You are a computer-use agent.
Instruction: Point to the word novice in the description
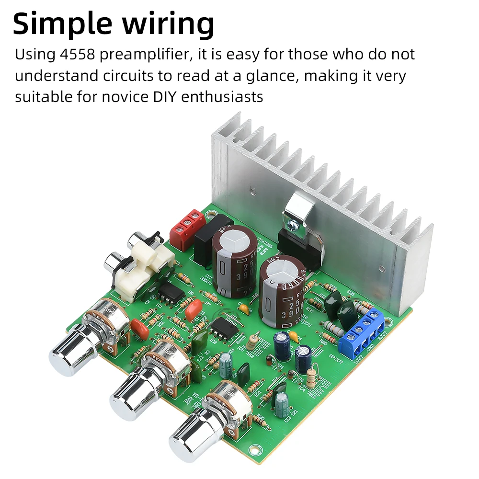[x=120, y=97]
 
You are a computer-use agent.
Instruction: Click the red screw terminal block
[x=188, y=229]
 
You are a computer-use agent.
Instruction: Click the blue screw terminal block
[x=362, y=332]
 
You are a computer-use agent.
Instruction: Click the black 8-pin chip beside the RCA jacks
[x=171, y=293]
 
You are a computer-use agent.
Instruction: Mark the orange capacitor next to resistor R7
[x=194, y=309]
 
